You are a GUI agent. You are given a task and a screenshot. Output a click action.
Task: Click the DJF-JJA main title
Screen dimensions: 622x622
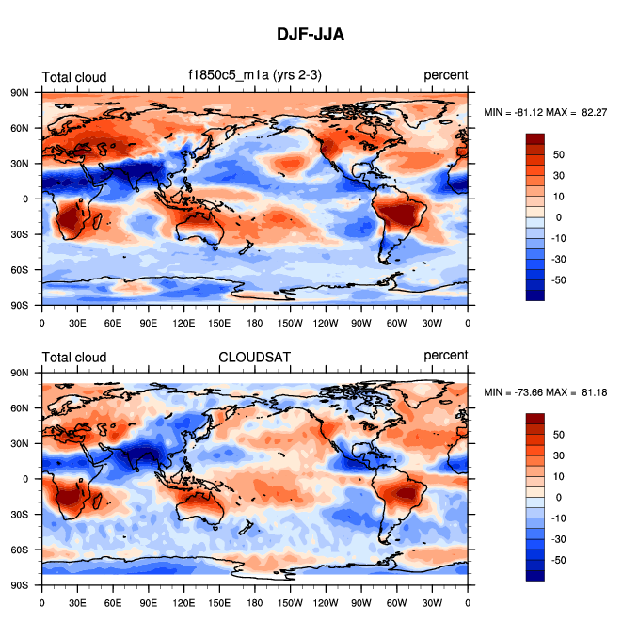pos(311,35)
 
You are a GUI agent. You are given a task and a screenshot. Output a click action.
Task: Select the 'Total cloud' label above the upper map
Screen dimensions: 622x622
pos(74,77)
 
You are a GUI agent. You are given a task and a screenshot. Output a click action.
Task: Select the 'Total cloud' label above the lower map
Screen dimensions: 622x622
pos(74,357)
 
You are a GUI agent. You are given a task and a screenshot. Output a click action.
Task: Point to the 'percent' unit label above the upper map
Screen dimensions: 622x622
pos(445,76)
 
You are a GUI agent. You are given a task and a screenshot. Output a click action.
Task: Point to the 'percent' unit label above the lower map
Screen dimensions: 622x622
pos(445,356)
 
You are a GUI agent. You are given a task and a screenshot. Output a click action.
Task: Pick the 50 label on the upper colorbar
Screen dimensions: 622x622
pos(558,154)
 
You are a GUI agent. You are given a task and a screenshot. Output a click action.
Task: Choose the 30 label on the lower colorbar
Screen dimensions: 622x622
pos(558,455)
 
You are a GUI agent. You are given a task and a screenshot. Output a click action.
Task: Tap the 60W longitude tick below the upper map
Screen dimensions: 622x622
pos(396,322)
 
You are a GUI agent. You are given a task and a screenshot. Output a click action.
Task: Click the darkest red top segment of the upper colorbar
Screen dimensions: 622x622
pos(535,138)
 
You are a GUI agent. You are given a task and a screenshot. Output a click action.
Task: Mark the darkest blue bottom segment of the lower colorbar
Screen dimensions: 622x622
pos(535,575)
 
